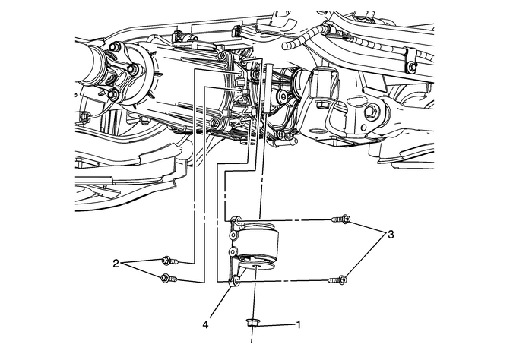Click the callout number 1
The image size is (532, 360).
[299, 324]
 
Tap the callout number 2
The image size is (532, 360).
[116, 264]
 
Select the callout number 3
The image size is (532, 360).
[391, 235]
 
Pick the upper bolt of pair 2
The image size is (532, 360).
[169, 261]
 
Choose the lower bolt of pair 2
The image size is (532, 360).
[169, 280]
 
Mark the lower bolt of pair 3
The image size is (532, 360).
[340, 280]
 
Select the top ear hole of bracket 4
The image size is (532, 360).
[236, 221]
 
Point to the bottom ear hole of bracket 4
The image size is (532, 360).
[236, 282]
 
